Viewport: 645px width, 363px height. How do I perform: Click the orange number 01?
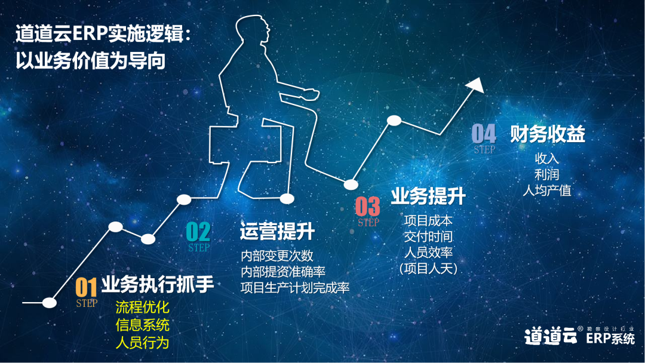(86, 287)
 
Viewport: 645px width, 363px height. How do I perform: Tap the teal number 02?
(198, 232)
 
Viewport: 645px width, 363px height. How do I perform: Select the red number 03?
(367, 207)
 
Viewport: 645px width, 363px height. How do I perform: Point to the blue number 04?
(484, 134)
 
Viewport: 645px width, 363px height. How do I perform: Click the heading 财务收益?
(548, 134)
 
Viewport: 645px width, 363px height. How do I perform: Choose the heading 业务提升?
(428, 196)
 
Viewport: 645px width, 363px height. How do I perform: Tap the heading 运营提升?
(277, 232)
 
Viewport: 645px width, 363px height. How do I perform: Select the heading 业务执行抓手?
(158, 284)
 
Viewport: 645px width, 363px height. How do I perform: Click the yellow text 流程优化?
(142, 307)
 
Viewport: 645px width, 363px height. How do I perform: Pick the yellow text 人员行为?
(142, 342)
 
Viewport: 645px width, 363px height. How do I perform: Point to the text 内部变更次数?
(277, 256)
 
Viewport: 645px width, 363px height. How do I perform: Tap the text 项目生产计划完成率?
(295, 287)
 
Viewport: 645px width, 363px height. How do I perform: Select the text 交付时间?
(428, 236)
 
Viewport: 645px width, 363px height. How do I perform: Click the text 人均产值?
(546, 190)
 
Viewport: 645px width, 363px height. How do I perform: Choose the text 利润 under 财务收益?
(546, 174)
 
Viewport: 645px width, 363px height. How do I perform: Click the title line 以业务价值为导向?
(91, 60)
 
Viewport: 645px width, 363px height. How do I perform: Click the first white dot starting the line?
(50, 303)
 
